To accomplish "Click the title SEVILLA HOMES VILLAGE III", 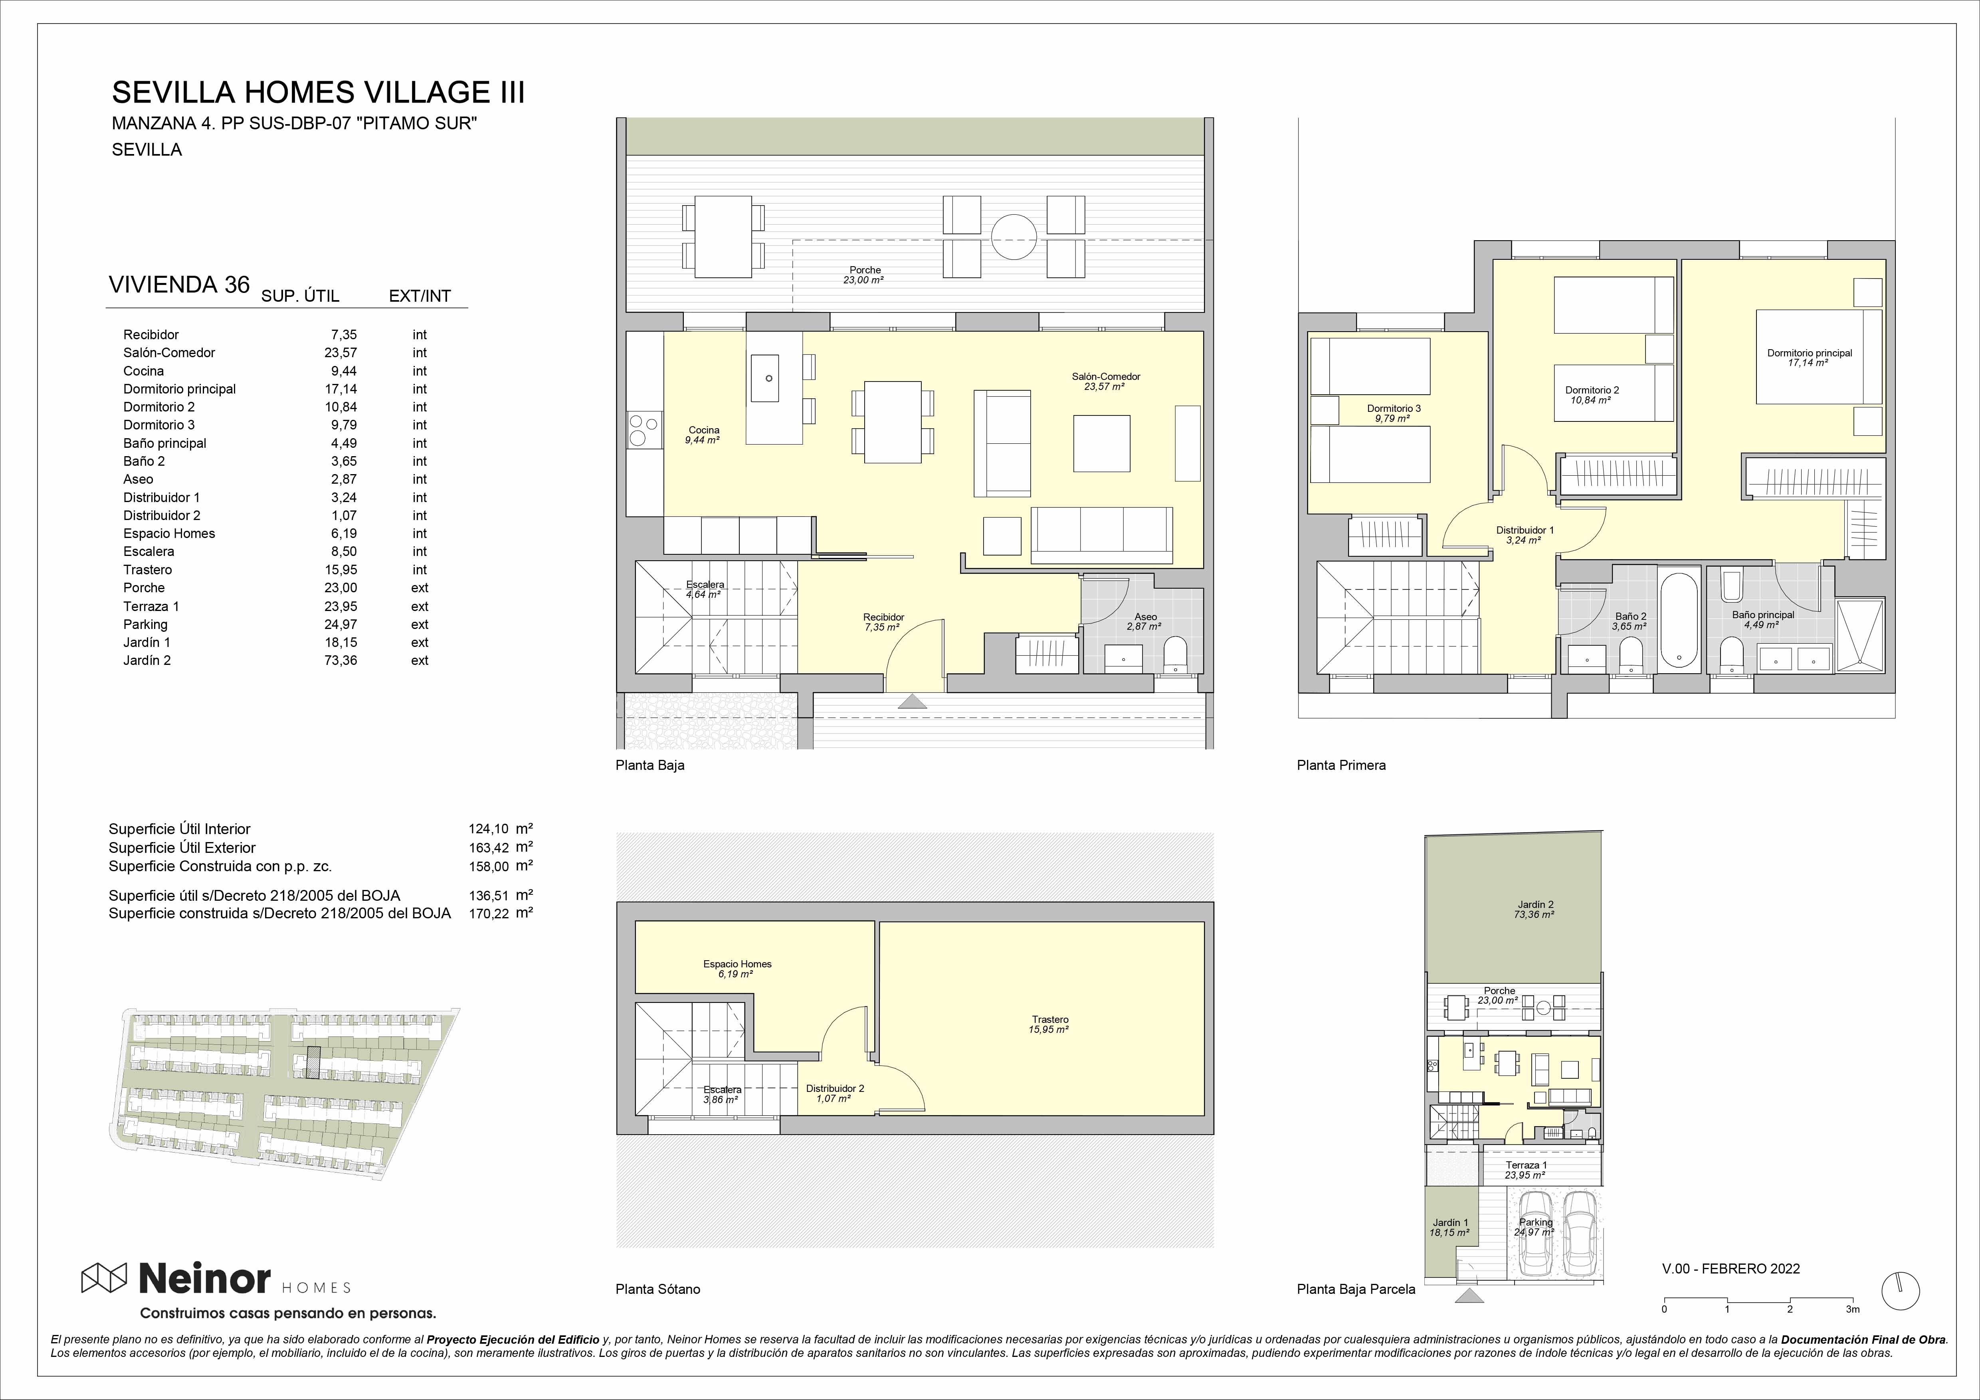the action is [x=318, y=92].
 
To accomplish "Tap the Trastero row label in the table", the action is [x=147, y=570].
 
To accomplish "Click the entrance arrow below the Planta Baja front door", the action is [x=913, y=702].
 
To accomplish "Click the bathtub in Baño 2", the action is [x=1678, y=617].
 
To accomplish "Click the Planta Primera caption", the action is [x=1341, y=765].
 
